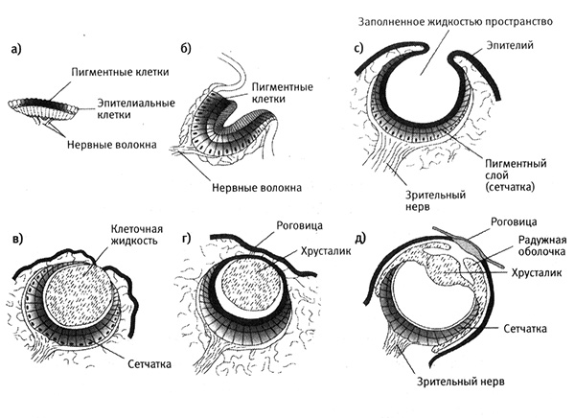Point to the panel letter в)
[18, 237]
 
